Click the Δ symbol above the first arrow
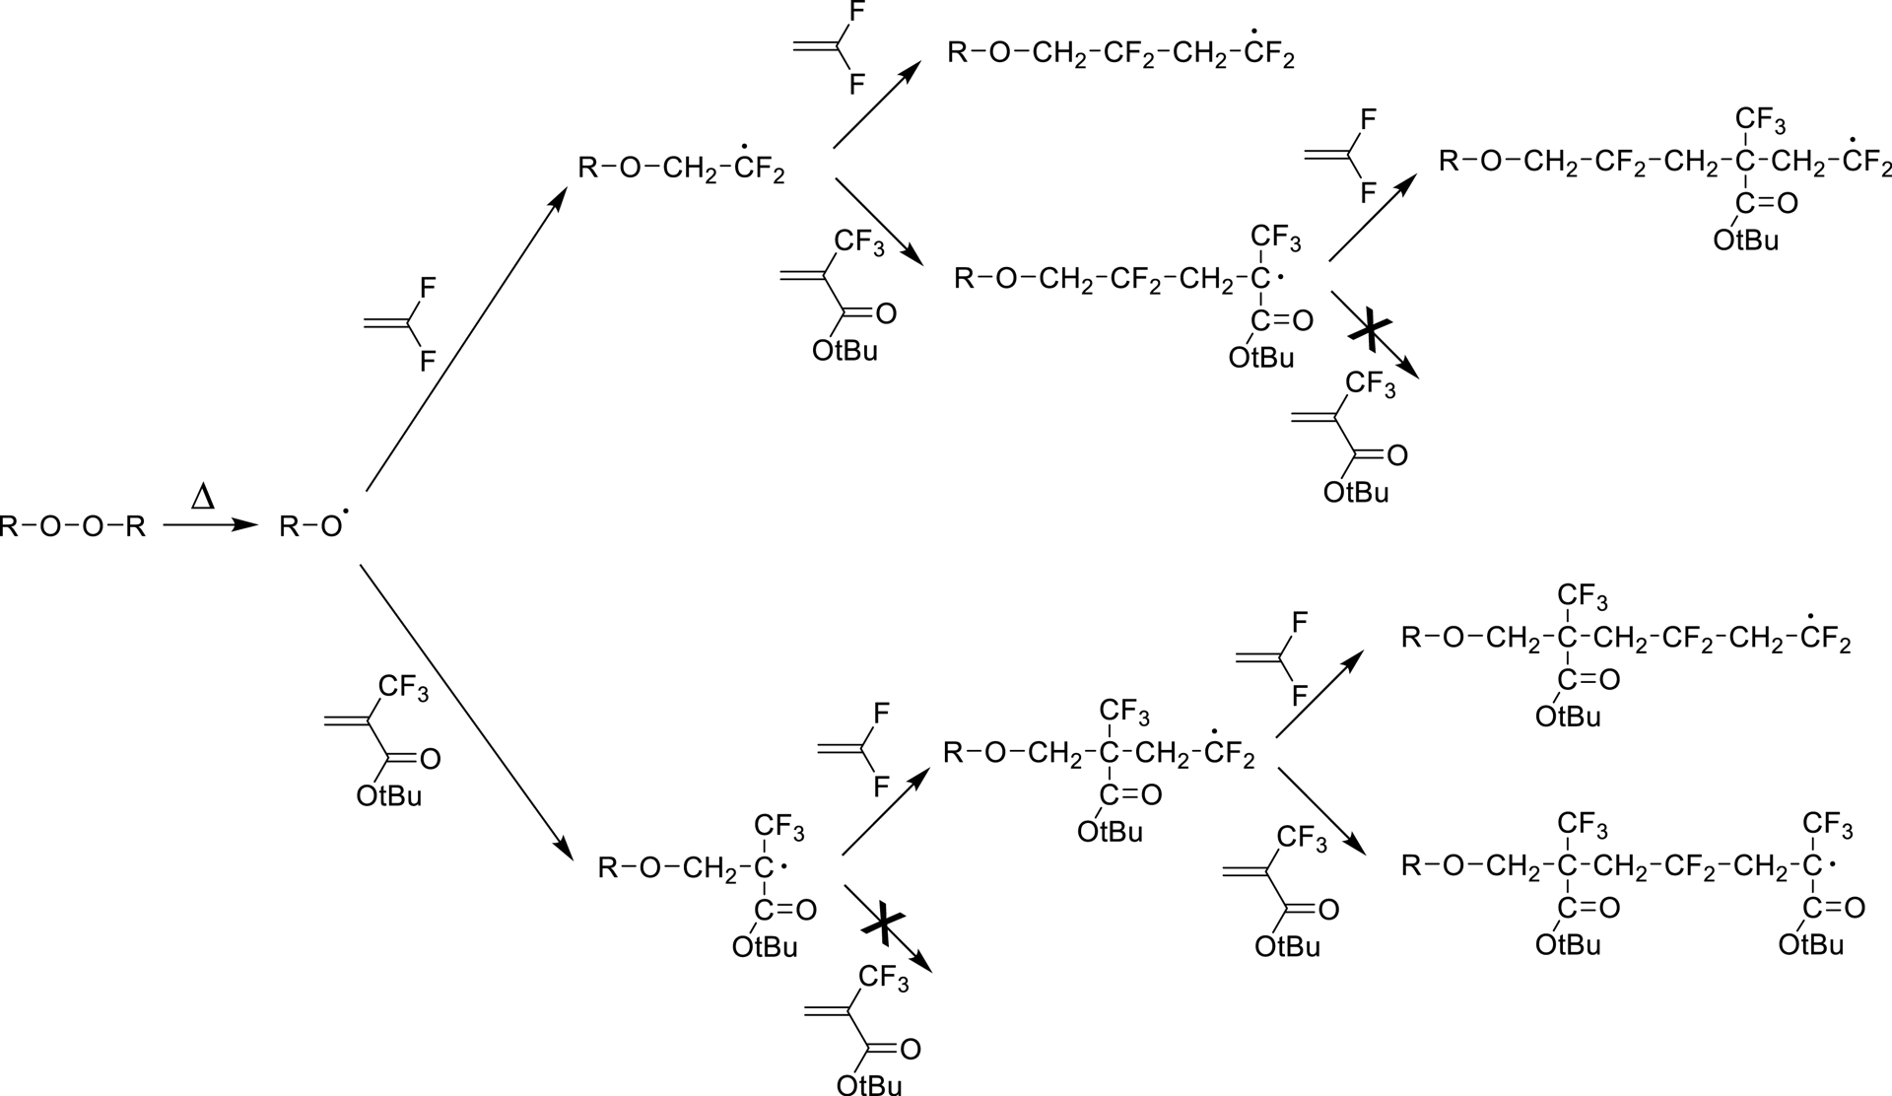pos(203,497)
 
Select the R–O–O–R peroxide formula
pos(73,527)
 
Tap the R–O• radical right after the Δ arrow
pos(311,526)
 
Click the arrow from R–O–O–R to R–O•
pos(203,526)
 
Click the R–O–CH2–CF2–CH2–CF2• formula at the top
pos(1120,53)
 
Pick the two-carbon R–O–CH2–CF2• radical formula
pos(681,169)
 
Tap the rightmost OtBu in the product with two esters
pos(1811,945)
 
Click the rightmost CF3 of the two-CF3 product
pos(1827,823)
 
